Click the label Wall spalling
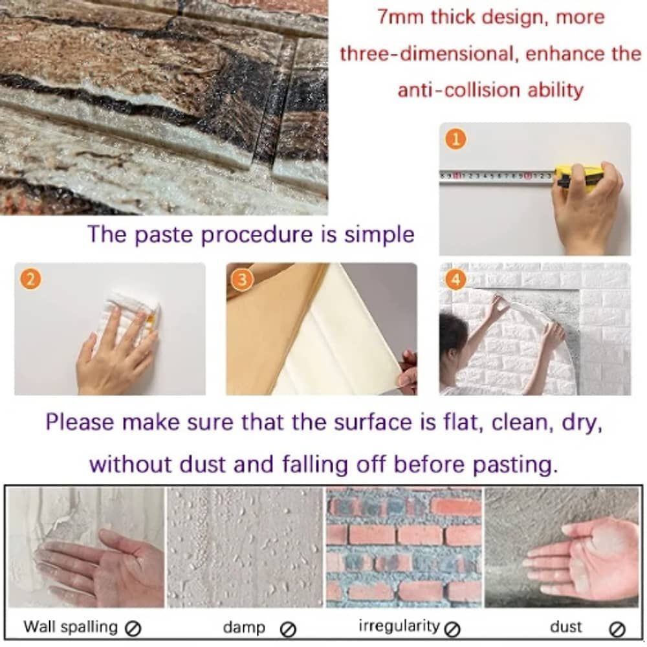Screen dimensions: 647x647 click(x=71, y=626)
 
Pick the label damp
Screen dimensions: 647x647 click(x=244, y=627)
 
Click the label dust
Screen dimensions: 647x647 click(x=566, y=626)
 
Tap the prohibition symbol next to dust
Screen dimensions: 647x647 click(x=617, y=628)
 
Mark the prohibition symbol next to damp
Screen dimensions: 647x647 click(x=289, y=628)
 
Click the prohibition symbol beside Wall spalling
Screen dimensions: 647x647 click(x=134, y=628)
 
